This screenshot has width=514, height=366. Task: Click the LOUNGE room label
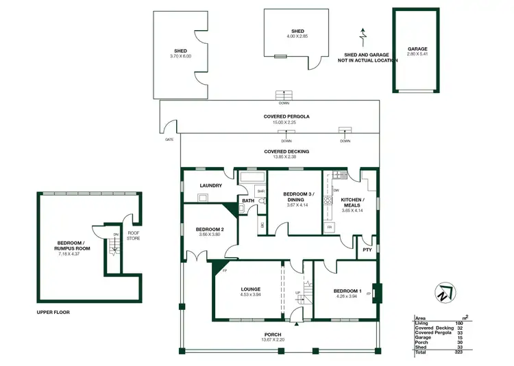tap(249, 289)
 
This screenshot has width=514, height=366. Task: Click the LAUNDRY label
tap(210, 185)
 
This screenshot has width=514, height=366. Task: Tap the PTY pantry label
tap(367, 250)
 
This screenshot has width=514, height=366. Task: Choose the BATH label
tap(248, 200)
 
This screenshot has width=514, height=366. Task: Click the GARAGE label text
tap(417, 49)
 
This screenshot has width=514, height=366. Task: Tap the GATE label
tap(169, 139)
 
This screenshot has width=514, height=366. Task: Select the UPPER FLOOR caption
tap(53, 311)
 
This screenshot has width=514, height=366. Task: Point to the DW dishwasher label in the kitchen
tap(336, 191)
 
